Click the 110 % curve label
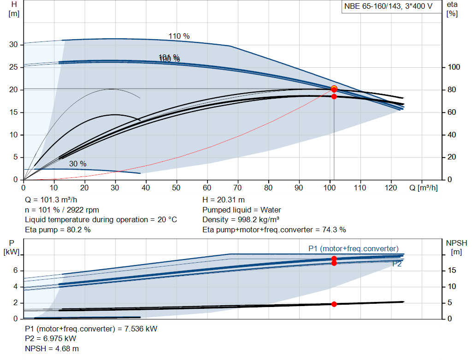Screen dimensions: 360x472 click(x=179, y=36)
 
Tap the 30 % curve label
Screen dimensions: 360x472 click(x=77, y=164)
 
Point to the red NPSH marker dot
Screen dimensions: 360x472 click(x=334, y=304)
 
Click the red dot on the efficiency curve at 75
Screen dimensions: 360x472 click(x=334, y=96)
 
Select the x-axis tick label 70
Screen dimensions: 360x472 click(x=238, y=188)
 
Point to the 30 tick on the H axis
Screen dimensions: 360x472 click(x=14, y=45)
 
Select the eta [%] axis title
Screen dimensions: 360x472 click(x=452, y=9)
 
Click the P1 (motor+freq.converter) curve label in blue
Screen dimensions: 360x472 click(x=353, y=249)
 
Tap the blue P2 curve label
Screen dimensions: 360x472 click(x=397, y=264)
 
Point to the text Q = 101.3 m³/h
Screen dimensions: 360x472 click(x=51, y=200)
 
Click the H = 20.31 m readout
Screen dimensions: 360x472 click(x=224, y=200)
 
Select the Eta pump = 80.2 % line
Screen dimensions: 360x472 click(x=58, y=229)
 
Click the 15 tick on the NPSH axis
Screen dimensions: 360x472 click(x=453, y=271)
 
